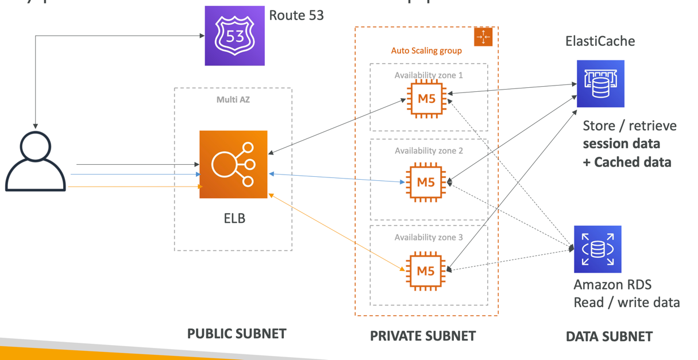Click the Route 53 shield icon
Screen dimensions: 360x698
pos(234,36)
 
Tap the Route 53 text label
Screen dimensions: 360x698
pos(296,16)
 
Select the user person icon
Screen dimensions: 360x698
pos(36,161)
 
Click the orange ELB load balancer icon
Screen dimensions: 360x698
pos(233,164)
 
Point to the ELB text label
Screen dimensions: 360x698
pos(234,219)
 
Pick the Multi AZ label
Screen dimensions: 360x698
pos(233,100)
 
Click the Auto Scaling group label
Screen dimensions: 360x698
pos(426,51)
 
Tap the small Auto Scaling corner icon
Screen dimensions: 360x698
pos(483,37)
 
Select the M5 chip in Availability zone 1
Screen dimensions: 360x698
pos(426,99)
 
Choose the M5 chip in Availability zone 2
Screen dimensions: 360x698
pos(426,183)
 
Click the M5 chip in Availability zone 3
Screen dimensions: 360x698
pos(426,271)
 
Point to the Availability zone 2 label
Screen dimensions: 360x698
pos(429,151)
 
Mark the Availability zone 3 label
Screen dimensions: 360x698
pos(429,238)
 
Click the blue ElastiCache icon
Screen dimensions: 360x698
pos(600,84)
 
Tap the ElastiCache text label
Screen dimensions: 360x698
pos(600,41)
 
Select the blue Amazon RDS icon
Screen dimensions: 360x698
pos(597,249)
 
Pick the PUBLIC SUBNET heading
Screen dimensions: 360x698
pos(237,334)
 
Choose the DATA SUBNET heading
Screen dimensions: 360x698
pos(609,336)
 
